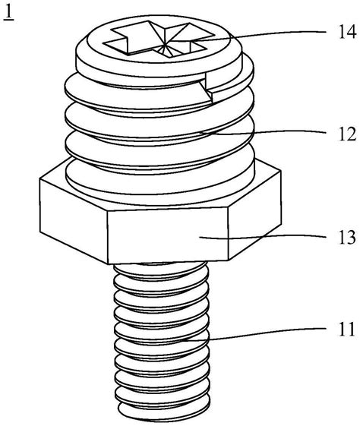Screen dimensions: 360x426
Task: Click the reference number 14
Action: coord(347,32)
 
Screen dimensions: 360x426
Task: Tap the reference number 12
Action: coord(347,134)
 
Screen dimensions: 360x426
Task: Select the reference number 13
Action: coord(347,237)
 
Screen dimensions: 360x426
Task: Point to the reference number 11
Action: coord(347,329)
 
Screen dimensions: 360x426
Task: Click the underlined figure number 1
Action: coord(8,13)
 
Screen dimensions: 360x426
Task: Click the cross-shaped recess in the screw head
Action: coord(159,39)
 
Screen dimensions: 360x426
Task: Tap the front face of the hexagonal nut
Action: coord(168,235)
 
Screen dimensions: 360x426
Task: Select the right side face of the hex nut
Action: coord(254,215)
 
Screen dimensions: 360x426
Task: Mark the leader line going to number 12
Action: coord(264,132)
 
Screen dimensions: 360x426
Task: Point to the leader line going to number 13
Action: coord(263,237)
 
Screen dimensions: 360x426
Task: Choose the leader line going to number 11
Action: coord(254,333)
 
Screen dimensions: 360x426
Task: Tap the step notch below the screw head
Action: coord(209,88)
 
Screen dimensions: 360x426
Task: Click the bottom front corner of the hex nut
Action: coord(108,263)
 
